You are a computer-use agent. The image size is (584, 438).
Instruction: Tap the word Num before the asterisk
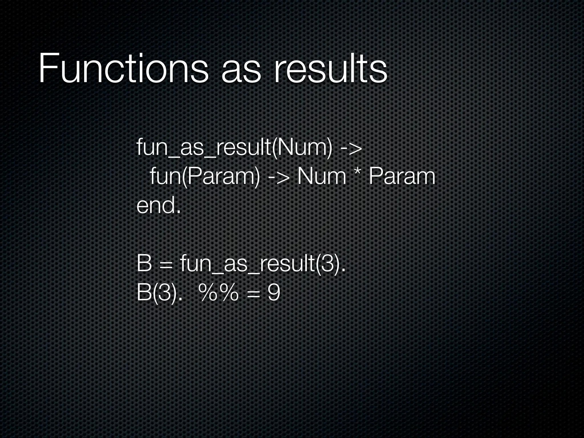[x=322, y=177]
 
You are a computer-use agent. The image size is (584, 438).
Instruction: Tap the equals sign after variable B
[x=166, y=265]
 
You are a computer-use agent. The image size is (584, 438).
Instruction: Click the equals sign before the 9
[x=253, y=294]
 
